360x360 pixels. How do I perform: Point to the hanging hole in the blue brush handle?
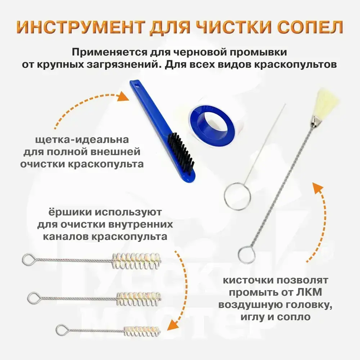coord(138,86)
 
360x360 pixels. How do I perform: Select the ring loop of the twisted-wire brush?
coord(247,255)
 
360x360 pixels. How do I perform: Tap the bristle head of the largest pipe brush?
coord(136,261)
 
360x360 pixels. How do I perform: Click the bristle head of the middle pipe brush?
coord(139,299)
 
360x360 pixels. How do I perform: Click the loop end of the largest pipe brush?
coord(29,260)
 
